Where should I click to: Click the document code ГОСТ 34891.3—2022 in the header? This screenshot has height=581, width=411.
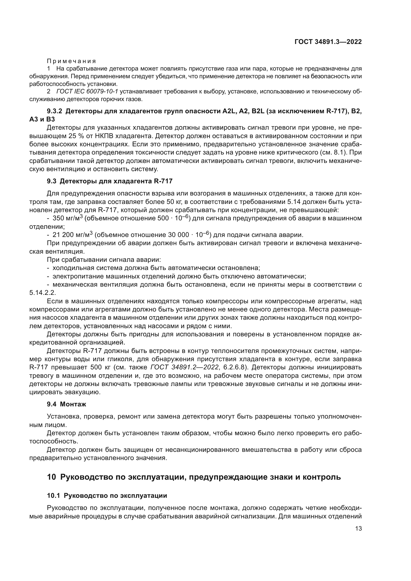pyautogui.click(x=328, y=42)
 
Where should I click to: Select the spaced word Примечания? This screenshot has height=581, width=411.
pyautogui.click(x=72, y=61)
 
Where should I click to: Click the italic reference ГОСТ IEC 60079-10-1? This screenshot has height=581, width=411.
pyautogui.click(x=87, y=91)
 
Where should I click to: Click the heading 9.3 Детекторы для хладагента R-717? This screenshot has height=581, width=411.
pyautogui.click(x=110, y=181)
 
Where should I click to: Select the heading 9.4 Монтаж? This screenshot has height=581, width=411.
pyautogui.click(x=66, y=404)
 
